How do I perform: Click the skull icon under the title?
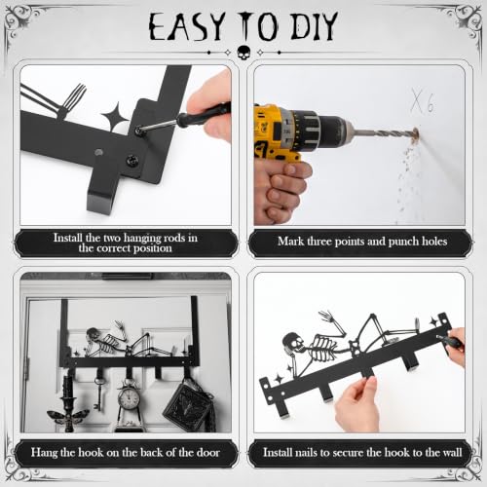(x=243, y=53)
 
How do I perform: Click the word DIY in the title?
(x=314, y=26)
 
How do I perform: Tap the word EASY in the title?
(x=187, y=27)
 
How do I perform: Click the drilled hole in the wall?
(x=415, y=133)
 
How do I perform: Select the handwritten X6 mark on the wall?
(x=422, y=100)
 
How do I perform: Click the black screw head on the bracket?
(x=132, y=160)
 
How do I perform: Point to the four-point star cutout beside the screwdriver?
(x=116, y=117)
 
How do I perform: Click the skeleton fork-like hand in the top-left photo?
(x=72, y=97)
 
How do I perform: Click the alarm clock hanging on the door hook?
(x=129, y=397)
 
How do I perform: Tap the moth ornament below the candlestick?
(x=68, y=417)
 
